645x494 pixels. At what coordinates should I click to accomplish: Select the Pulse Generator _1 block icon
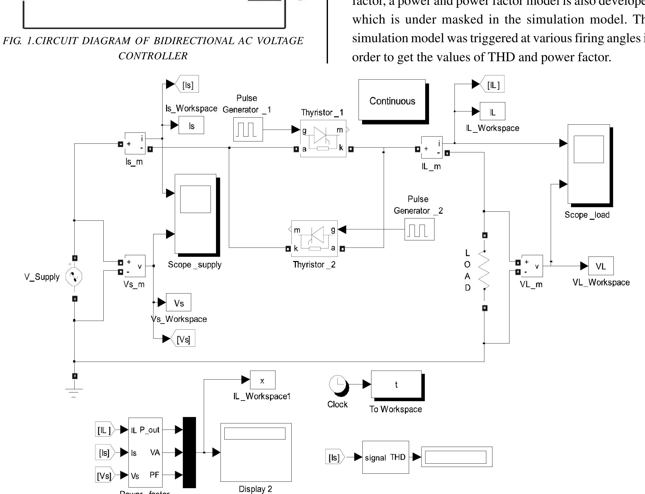[248, 129]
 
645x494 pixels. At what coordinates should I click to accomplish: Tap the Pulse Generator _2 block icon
[419, 229]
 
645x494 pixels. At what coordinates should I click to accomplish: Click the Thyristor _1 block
[323, 139]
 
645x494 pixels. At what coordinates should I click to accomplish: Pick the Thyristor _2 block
[314, 239]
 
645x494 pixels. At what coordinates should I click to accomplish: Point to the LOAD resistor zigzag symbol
[484, 270]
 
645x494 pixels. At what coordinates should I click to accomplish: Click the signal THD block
[385, 457]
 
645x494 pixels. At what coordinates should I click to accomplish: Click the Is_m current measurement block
[135, 143]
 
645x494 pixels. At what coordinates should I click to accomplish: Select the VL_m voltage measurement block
[532, 266]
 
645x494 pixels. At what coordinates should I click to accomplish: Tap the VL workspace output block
[601, 266]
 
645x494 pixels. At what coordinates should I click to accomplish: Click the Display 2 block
[256, 452]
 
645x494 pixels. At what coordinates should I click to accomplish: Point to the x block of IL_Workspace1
[262, 380]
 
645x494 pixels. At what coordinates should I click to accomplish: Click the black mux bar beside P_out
[189, 452]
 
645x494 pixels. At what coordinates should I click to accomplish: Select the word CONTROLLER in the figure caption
[153, 56]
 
